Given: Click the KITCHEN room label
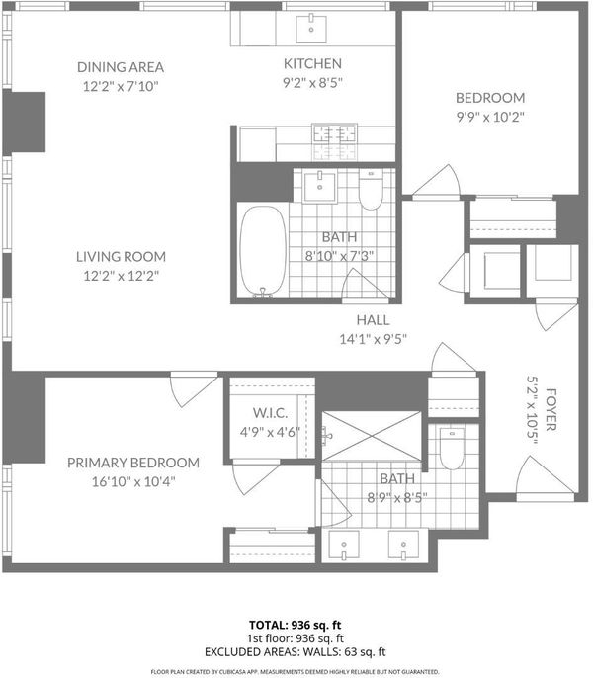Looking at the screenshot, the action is (312, 63).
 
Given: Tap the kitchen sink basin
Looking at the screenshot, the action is (311, 29).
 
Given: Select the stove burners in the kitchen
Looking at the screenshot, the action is (335, 133).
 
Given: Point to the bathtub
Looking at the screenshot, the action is (263, 252).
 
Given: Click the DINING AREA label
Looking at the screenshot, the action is (121, 67).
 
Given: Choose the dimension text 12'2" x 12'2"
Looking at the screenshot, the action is (122, 276).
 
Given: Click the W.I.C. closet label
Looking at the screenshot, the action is (270, 413).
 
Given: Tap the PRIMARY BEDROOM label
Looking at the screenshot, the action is (133, 463).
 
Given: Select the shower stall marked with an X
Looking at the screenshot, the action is (372, 436).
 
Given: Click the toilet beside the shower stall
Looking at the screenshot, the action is (452, 449).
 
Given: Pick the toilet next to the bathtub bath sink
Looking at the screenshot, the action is (371, 190).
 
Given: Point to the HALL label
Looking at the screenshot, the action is (373, 320).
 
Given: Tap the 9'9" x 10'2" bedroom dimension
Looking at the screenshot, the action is (490, 117).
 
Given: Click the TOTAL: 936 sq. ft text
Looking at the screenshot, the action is (295, 625).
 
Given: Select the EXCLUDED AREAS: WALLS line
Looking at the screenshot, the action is (295, 652).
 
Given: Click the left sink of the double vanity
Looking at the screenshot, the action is (343, 545).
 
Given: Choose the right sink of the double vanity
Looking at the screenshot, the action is (403, 545).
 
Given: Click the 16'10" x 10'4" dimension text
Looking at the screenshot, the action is (133, 481).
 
